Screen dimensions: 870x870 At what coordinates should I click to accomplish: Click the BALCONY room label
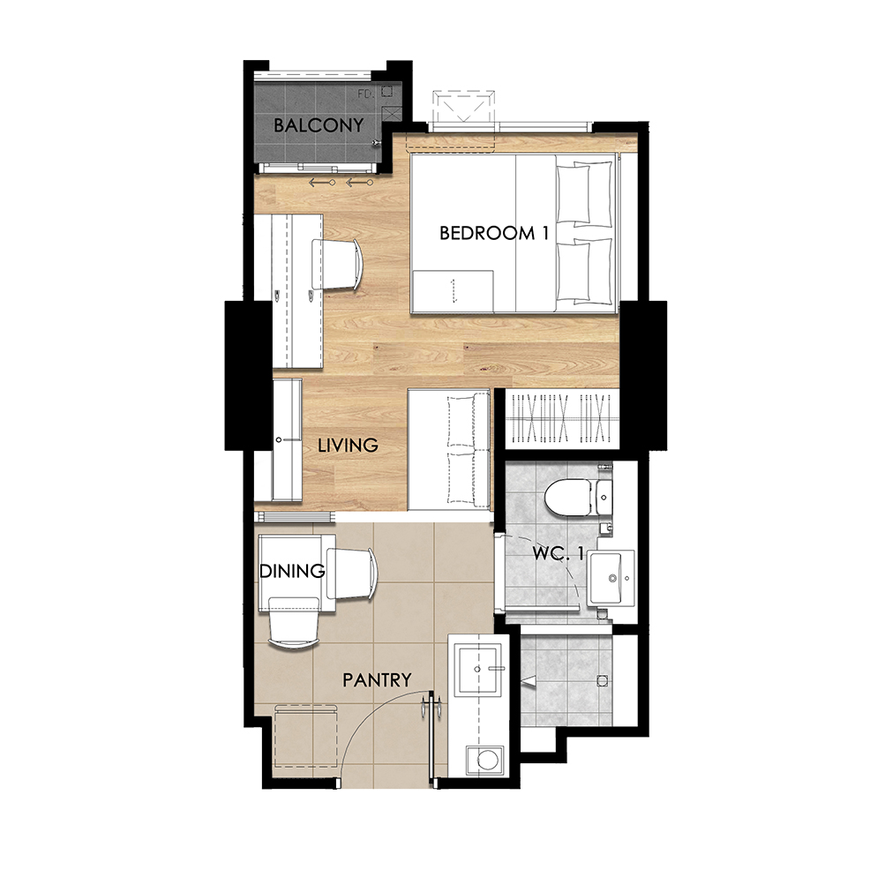click(x=319, y=124)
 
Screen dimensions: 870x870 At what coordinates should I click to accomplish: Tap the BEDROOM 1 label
click(x=494, y=233)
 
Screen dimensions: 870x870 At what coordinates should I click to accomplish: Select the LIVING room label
click(x=348, y=445)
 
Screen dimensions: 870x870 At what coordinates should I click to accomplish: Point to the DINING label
click(x=292, y=571)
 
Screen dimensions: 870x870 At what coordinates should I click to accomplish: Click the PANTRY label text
click(x=377, y=679)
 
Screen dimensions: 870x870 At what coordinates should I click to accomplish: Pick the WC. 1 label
click(x=558, y=553)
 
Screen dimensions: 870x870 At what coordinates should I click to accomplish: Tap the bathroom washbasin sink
click(x=611, y=578)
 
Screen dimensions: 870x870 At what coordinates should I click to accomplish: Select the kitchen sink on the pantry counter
click(x=479, y=669)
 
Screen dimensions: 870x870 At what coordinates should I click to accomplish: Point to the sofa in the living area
click(x=449, y=449)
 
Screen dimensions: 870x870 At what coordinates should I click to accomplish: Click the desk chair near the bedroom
click(x=337, y=265)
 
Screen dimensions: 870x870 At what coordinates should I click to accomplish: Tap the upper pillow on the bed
click(x=584, y=193)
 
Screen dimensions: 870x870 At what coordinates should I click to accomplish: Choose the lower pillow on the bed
click(x=584, y=271)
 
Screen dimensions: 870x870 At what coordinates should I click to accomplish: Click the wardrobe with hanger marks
click(x=563, y=418)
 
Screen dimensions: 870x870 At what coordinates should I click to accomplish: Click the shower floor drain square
click(x=602, y=679)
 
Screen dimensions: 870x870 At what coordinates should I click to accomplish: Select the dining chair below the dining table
click(x=294, y=622)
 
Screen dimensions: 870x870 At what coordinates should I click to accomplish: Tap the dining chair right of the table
click(x=352, y=574)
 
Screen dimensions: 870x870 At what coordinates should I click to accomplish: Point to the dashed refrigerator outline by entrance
click(x=307, y=736)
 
